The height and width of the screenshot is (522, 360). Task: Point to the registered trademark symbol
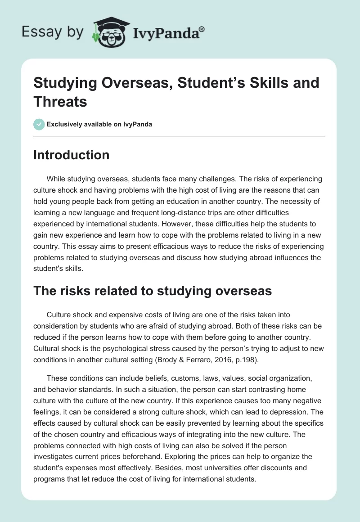point(202,28)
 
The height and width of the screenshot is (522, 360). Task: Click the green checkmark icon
point(39,124)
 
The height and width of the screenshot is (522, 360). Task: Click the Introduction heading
point(72,155)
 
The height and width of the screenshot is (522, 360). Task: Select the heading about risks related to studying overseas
point(153,291)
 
